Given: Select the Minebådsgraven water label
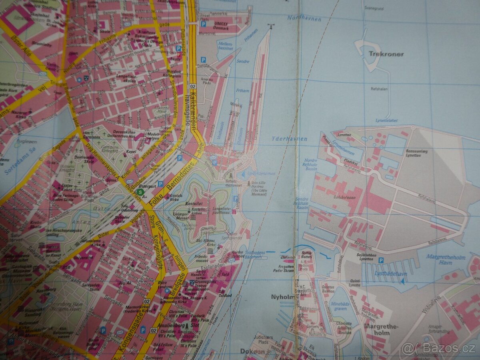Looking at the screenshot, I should tap(341, 300).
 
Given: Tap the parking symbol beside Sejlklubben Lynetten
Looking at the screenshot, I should tap(381, 260).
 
